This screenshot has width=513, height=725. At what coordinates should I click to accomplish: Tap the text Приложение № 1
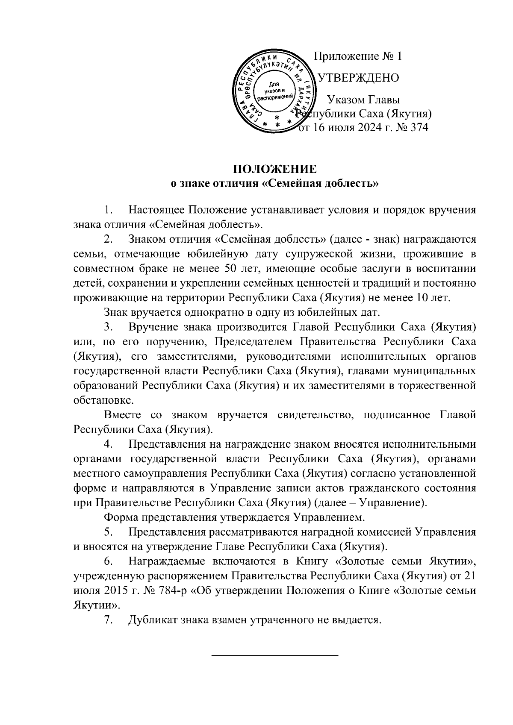tap(358, 56)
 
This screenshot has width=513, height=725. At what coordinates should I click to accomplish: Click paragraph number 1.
tap(109, 210)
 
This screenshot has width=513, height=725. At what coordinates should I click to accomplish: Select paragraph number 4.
tap(109, 444)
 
